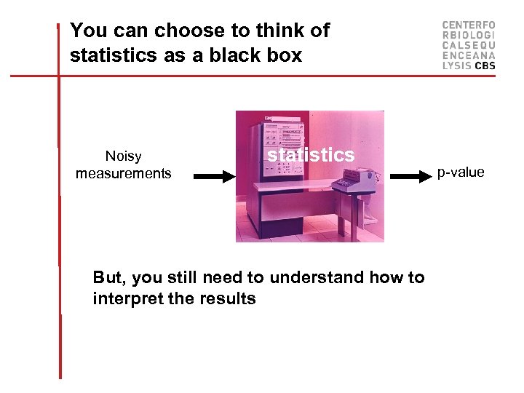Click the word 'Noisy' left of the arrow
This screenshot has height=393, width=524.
tap(124, 156)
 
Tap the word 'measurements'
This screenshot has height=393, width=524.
tap(124, 174)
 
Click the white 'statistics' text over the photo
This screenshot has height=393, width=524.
tap(311, 155)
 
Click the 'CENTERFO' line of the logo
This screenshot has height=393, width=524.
tap(469, 25)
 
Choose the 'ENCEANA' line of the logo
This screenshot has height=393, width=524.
tap(469, 55)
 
